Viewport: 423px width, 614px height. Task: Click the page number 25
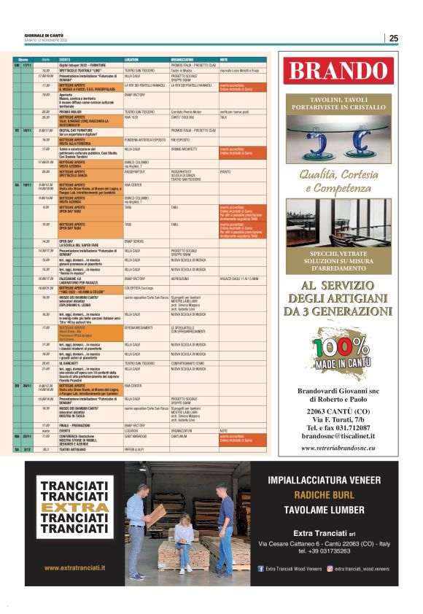click(393, 39)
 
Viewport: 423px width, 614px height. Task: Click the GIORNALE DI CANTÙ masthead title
click(39, 35)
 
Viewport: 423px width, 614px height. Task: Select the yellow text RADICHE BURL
click(324, 494)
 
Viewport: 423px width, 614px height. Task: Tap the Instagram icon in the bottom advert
click(330, 567)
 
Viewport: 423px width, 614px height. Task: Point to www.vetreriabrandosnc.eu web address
click(338, 448)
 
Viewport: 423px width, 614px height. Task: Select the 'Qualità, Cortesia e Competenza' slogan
click(338, 181)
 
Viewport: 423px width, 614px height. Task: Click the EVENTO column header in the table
click(65, 58)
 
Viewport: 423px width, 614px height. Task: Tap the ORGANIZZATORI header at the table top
click(182, 58)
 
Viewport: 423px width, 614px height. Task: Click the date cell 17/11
click(27, 64)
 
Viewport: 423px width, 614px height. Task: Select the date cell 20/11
click(27, 386)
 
